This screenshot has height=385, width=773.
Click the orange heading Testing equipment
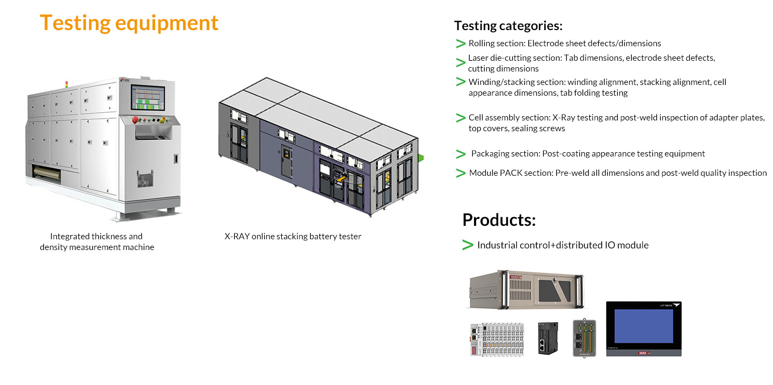pyautogui.click(x=129, y=23)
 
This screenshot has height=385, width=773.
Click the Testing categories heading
pyautogui.click(x=508, y=25)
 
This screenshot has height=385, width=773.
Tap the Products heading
pyautogui.click(x=499, y=219)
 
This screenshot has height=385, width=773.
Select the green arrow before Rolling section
pyautogui.click(x=460, y=44)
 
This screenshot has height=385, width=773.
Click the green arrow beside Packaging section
pyautogui.click(x=461, y=154)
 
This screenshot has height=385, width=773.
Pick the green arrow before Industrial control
pyautogui.click(x=468, y=245)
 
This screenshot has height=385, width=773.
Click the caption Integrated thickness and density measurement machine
pyautogui.click(x=97, y=242)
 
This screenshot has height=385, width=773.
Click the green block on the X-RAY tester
pyautogui.click(x=421, y=157)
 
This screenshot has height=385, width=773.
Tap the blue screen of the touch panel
pyautogui.click(x=643, y=326)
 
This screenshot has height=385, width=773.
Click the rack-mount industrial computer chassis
pyautogui.click(x=527, y=290)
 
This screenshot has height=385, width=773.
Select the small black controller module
pyautogui.click(x=548, y=338)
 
